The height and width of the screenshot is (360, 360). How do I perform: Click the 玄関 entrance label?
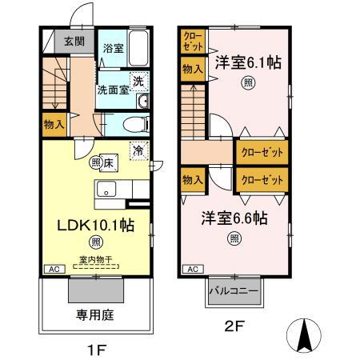click(x=74, y=42)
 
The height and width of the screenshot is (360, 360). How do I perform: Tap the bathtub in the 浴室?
click(x=138, y=48)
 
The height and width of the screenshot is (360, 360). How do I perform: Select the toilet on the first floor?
click(x=136, y=124)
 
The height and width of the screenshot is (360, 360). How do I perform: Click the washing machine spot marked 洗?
click(x=138, y=81)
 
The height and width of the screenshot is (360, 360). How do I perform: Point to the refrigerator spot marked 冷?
click(x=139, y=151)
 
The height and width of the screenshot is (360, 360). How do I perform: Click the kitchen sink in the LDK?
click(x=106, y=189)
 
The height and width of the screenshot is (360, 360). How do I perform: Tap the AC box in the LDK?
click(x=54, y=269)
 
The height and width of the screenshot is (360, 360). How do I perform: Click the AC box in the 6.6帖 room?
click(x=193, y=269)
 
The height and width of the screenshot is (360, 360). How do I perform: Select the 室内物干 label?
click(x=95, y=259)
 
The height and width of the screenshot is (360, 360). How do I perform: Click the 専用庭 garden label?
click(x=95, y=315)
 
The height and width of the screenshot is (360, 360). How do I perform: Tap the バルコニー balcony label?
click(x=234, y=291)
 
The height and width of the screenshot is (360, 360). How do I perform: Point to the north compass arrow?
click(x=304, y=335)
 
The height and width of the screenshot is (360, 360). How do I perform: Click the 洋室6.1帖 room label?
click(x=248, y=62)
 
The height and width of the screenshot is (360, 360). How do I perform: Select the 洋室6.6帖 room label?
click(x=234, y=218)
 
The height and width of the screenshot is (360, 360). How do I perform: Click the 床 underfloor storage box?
click(x=109, y=163)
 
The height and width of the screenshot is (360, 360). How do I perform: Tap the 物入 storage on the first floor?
click(x=54, y=125)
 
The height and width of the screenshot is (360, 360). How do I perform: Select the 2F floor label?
click(x=234, y=326)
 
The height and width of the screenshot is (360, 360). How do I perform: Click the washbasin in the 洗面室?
click(x=143, y=101)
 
